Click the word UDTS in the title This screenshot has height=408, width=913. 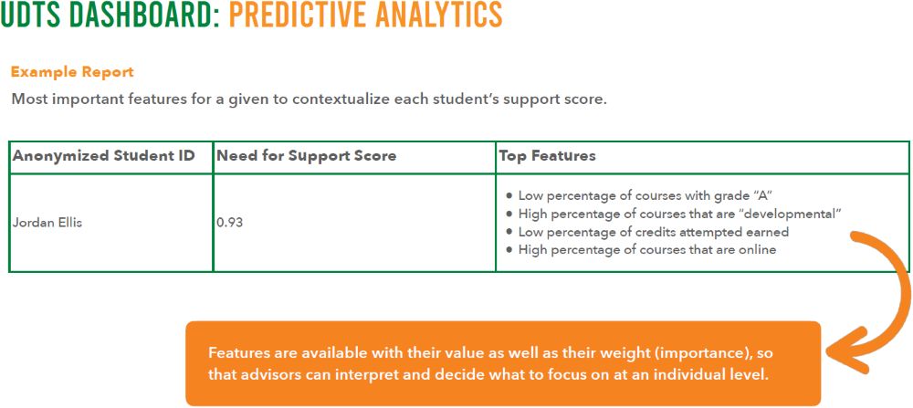(29, 16)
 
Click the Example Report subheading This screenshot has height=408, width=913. (72, 72)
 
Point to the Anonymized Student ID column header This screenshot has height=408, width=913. (104, 156)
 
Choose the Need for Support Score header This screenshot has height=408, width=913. (306, 156)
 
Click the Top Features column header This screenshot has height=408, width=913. (547, 156)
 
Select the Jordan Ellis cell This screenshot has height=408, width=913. (47, 224)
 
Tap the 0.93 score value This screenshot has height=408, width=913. (229, 224)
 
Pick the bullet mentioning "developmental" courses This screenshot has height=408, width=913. (675, 214)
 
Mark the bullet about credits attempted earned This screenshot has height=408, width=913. (647, 232)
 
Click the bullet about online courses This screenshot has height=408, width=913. (641, 250)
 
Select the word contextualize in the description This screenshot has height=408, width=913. (337, 99)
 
